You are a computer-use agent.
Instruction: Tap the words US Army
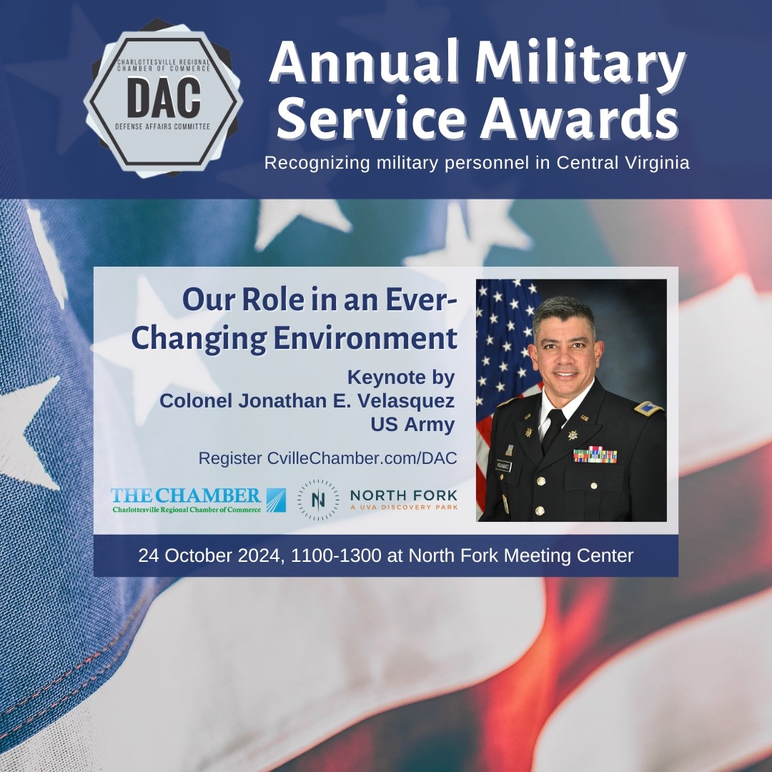pos(412,425)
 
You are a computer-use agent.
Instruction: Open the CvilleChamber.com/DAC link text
pos(362,458)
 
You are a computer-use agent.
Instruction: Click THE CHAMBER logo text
pos(186,495)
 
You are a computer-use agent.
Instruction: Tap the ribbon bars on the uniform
pos(595,455)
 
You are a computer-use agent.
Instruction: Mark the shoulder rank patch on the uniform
pos(648,408)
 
